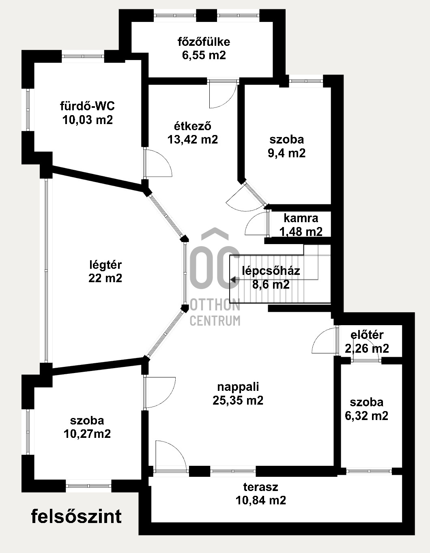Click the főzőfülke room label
click(204, 42)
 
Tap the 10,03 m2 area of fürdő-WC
click(88, 120)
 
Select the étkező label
click(193, 126)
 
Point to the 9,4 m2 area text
click(287, 153)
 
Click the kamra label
click(301, 218)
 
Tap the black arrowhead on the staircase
click(233, 279)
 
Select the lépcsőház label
click(271, 271)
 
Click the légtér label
click(105, 265)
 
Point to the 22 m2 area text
click(105, 278)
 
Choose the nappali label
click(238, 387)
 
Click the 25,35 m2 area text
click(238, 401)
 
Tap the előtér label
click(367, 335)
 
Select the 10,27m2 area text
click(87, 434)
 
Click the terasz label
click(260, 487)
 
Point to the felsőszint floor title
click(76, 517)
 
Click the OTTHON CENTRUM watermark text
click(215, 312)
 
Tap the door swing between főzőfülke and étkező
click(221, 95)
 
